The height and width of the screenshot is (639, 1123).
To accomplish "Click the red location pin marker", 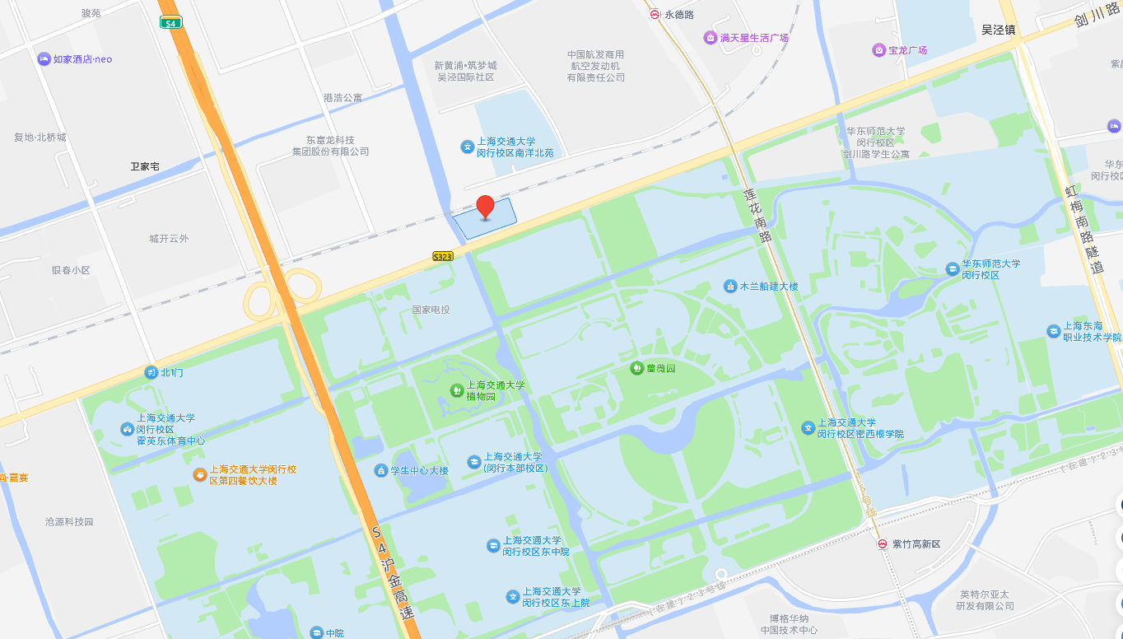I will tap(486, 207).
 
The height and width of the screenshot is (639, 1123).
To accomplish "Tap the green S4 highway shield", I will tap(170, 23).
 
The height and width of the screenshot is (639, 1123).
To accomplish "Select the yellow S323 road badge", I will tap(443, 257).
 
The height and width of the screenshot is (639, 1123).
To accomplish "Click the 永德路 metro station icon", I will tap(654, 14).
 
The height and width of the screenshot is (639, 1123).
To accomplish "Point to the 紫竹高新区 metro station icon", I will tap(882, 543).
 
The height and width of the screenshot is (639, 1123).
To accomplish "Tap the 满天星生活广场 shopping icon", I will tap(710, 38).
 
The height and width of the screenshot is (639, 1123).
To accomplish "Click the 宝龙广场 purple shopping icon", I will tap(878, 50).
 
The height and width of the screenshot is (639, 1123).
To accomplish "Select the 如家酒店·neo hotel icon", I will tap(44, 59).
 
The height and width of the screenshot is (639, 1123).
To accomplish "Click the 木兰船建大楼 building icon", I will tap(729, 286).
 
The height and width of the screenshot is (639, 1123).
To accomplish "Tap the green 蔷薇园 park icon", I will tap(636, 368).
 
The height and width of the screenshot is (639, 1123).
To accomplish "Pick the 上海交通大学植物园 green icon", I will tap(456, 389).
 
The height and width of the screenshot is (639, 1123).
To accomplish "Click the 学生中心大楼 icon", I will tap(380, 470).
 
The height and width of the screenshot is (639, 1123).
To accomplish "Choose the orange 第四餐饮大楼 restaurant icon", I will tap(199, 474).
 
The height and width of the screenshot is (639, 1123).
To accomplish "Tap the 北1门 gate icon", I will tap(151, 372).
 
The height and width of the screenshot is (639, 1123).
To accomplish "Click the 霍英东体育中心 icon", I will tap(127, 429).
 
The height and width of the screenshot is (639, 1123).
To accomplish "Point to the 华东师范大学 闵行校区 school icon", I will tap(952, 268).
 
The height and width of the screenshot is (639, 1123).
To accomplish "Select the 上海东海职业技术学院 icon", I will tap(1053, 331).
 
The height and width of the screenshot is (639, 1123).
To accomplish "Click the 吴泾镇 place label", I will tap(998, 30).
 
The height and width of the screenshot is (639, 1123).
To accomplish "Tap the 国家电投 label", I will tap(431, 310).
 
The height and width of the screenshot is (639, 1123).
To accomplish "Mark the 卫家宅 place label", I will tap(145, 166).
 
